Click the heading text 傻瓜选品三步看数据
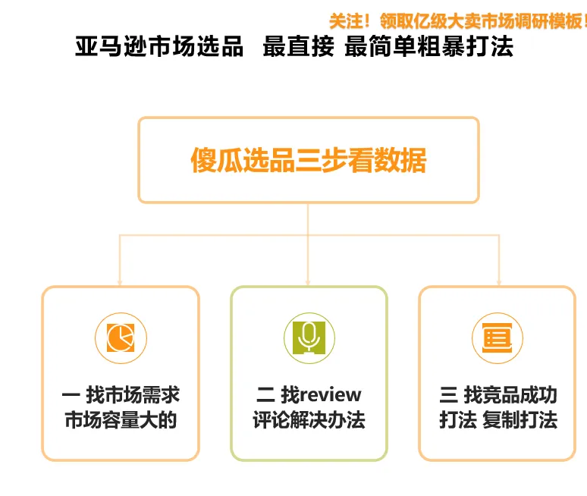[308, 161]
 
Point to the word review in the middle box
[331, 395]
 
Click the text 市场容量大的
[121, 420]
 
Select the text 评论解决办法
[309, 420]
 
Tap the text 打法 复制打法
[498, 420]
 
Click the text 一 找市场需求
[121, 395]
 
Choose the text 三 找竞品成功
[498, 395]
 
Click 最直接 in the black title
[298, 47]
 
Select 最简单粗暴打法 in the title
[428, 47]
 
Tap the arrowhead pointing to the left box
[120, 281]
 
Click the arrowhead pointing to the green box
[309, 281]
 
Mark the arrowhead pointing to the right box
[498, 281]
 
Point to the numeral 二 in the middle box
[265, 395]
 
